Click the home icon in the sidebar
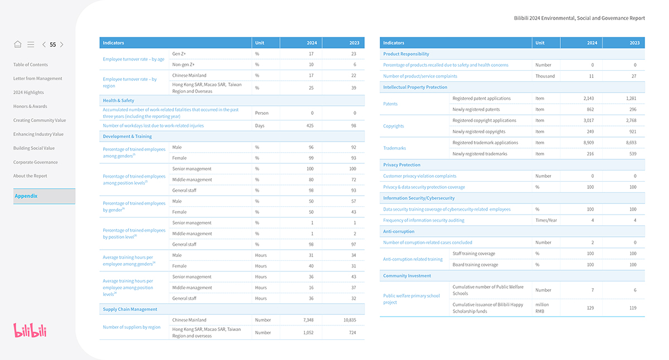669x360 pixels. [x=17, y=45]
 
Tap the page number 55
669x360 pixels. [x=53, y=45]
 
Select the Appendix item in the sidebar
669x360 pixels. [x=26, y=196]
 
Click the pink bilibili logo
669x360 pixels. [x=30, y=330]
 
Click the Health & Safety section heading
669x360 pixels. [x=118, y=100]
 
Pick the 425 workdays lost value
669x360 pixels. [x=311, y=125]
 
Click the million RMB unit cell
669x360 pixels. [x=542, y=308]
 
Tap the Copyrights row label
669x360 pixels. [x=394, y=126]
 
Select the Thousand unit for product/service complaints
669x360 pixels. [x=545, y=76]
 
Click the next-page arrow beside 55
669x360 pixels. [x=62, y=45]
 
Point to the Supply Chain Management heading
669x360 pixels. [x=130, y=309]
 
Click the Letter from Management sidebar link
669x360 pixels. [x=38, y=79]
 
